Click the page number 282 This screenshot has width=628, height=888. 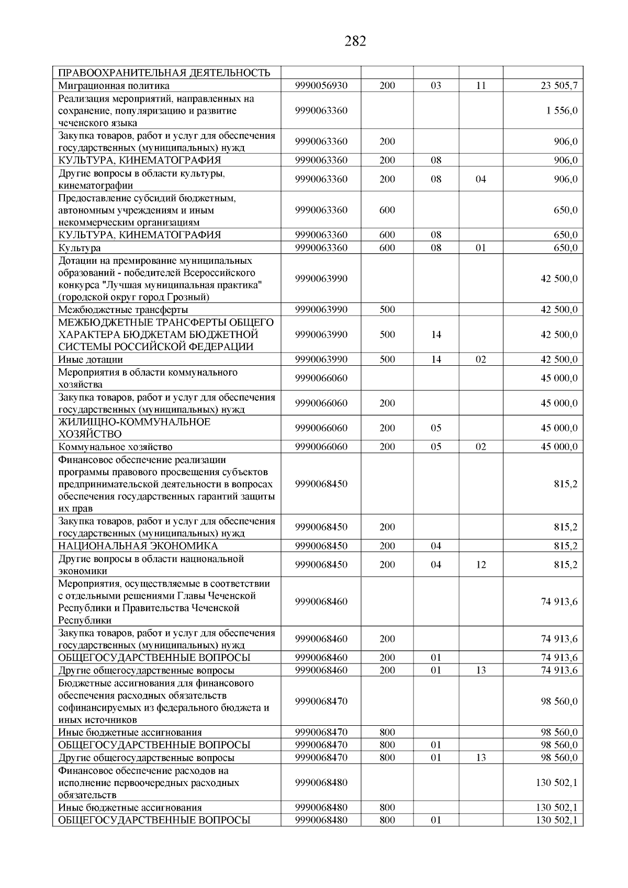355,41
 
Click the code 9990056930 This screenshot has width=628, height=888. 321,86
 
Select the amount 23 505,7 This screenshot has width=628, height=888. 559,86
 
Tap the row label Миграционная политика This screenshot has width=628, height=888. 114,86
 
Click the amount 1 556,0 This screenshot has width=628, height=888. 562,111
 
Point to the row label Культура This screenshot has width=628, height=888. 80,248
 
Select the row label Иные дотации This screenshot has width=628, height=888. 91,359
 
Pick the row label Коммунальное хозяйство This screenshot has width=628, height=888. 115,447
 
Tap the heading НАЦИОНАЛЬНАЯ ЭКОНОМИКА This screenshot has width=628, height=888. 138,546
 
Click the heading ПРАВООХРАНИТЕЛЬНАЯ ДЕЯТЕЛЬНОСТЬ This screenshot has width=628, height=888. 164,73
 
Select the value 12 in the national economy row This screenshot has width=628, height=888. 480,565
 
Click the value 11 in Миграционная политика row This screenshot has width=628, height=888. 480,86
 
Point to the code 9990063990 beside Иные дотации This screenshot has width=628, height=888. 321,359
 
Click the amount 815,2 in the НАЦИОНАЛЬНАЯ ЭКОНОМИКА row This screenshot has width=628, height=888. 566,546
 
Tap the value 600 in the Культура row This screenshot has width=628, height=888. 387,248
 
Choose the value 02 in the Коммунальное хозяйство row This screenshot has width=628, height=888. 480,447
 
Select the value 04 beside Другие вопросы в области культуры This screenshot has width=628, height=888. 480,179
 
